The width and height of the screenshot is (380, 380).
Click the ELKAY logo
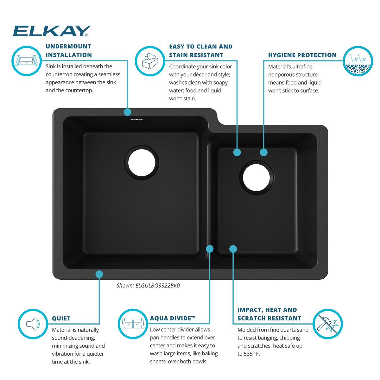(x=52, y=31)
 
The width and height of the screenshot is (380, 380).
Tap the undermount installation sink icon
(x=27, y=61)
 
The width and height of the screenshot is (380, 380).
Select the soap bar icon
(x=150, y=61)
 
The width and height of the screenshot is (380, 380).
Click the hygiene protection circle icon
(x=358, y=61)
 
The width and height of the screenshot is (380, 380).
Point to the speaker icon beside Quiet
(x=33, y=324)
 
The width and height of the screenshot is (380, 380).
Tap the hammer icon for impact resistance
(x=327, y=324)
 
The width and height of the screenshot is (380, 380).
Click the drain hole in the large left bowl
(x=142, y=163)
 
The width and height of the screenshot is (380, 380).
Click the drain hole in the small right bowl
(x=256, y=177)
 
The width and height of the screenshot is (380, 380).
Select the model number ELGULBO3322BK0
(x=158, y=286)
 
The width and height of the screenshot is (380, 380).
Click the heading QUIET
(x=61, y=319)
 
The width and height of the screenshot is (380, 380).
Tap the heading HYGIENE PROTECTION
(x=302, y=55)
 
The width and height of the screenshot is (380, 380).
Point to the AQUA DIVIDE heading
(x=173, y=318)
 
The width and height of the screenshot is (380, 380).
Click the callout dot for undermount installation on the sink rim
(x=128, y=112)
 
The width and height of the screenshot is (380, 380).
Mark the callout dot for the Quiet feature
(x=99, y=274)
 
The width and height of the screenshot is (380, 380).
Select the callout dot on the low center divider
(x=210, y=249)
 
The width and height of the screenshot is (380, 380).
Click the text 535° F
(x=252, y=354)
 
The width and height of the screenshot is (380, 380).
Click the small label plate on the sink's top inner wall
(x=136, y=119)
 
